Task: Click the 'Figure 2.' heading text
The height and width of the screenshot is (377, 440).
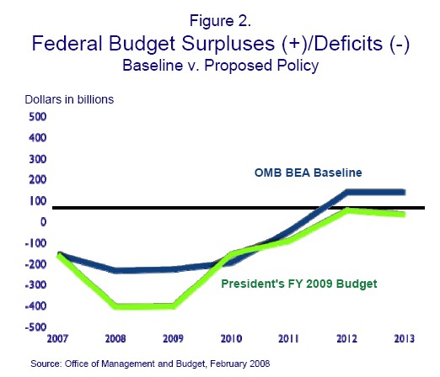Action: [x=220, y=21]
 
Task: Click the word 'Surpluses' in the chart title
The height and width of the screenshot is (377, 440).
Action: [x=228, y=44]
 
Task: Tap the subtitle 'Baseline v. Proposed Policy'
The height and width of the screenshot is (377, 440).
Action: [x=221, y=66]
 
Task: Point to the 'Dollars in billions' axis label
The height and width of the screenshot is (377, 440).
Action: [x=69, y=99]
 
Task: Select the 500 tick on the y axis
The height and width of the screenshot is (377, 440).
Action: [x=38, y=117]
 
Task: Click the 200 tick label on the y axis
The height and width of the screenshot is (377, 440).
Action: [x=38, y=180]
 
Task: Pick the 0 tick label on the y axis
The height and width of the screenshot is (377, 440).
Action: [x=43, y=222]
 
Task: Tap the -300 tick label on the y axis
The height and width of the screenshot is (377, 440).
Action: [x=35, y=285]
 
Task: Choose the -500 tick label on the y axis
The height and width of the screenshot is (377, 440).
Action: [x=35, y=327]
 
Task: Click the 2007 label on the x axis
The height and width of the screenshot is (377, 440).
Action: [x=57, y=338]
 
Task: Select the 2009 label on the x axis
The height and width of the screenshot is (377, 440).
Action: [x=173, y=338]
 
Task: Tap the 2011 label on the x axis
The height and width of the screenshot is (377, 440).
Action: [x=288, y=338]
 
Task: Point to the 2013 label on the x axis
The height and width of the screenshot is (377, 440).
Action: [x=405, y=338]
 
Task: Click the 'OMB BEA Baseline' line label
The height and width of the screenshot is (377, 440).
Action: [x=309, y=173]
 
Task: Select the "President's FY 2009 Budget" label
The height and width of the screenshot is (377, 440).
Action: [x=299, y=284]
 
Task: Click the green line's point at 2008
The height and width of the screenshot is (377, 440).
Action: [x=115, y=306]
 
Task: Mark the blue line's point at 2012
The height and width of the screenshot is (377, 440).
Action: [x=347, y=193]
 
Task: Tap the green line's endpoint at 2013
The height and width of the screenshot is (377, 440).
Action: [x=404, y=215]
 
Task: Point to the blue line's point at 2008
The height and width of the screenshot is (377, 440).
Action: [x=115, y=271]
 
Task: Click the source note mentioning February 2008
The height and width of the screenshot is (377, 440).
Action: [x=150, y=364]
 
